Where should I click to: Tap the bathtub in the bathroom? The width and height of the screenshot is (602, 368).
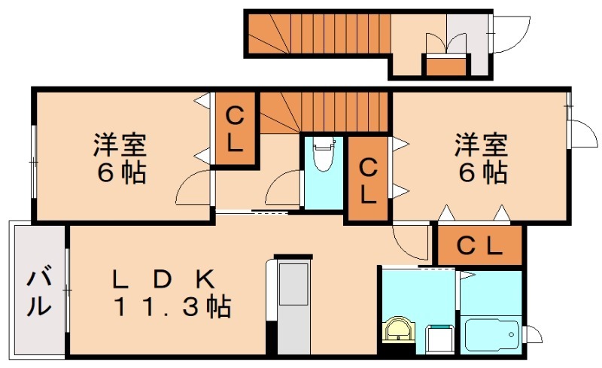(491, 334)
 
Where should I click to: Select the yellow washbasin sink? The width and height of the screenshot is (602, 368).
(399, 329)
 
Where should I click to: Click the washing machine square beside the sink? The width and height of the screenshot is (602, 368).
(440, 339)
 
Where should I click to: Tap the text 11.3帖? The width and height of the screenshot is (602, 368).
(172, 306)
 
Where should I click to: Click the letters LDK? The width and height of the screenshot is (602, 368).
(163, 280)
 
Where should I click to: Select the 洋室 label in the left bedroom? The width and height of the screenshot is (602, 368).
(120, 144)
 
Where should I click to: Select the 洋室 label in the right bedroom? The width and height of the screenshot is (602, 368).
(482, 144)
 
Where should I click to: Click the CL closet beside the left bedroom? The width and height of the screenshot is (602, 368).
(235, 129)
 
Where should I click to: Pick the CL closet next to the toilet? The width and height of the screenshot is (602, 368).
(367, 178)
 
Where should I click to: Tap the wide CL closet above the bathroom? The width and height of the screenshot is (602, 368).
(480, 245)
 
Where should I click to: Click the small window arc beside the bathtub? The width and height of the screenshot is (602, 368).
(534, 333)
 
